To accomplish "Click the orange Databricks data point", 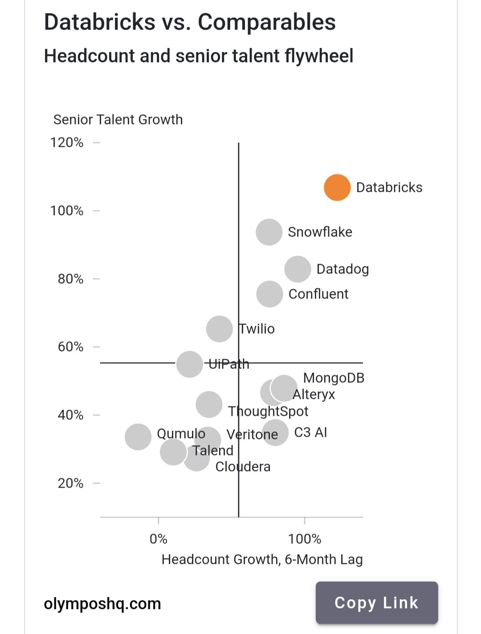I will [337, 187].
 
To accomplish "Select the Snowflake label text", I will [320, 232].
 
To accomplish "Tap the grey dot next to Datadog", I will [298, 269].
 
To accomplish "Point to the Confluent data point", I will [269, 294].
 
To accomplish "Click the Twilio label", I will [257, 329].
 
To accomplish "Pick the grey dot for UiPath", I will [190, 364].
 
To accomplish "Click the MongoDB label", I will [334, 378].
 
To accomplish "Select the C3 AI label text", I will [310, 432].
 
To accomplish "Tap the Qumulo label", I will [181, 434].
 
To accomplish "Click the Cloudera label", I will [243, 467].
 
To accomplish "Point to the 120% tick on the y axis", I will [67, 142].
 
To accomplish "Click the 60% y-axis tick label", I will [70, 347].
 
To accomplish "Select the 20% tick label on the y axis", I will [70, 483].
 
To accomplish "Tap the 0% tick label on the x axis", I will [159, 539].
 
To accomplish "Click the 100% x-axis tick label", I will [305, 539].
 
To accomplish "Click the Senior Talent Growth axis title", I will [118, 120].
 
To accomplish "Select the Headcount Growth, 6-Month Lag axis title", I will [262, 559].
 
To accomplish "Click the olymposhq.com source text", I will [102, 604].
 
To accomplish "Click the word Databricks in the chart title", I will [99, 22].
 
